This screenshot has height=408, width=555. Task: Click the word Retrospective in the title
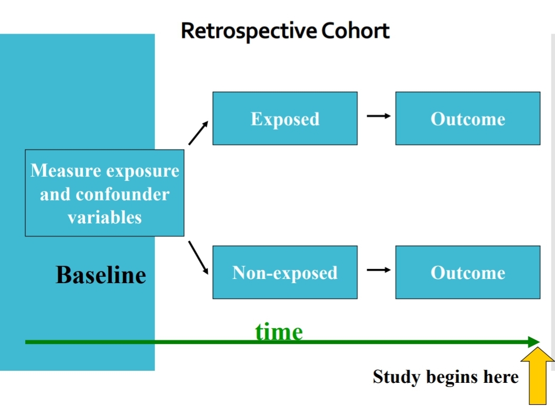pos(249,31)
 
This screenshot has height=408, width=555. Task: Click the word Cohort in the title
pos(355,31)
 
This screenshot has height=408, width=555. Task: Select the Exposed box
pos(285,119)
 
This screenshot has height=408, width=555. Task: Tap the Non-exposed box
pos(285,272)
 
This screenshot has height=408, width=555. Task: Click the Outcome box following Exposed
pos(467,119)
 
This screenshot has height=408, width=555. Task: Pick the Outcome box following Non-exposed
pos(467,272)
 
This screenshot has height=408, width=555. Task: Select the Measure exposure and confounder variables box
pos(104,193)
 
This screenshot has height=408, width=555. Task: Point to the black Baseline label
pos(101,275)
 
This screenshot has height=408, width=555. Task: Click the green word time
pos(279,331)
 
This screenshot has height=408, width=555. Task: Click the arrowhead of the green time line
pos(534,342)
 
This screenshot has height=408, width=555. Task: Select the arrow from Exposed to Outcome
pos(378,116)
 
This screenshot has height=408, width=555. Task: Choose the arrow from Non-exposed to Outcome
pos(378,270)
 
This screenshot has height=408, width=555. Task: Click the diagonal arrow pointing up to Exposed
pos(198,133)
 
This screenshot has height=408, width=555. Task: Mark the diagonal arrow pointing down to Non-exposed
pos(198,257)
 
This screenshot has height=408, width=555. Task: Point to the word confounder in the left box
pos(123,195)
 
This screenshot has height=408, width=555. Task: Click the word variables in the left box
pos(104,217)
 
